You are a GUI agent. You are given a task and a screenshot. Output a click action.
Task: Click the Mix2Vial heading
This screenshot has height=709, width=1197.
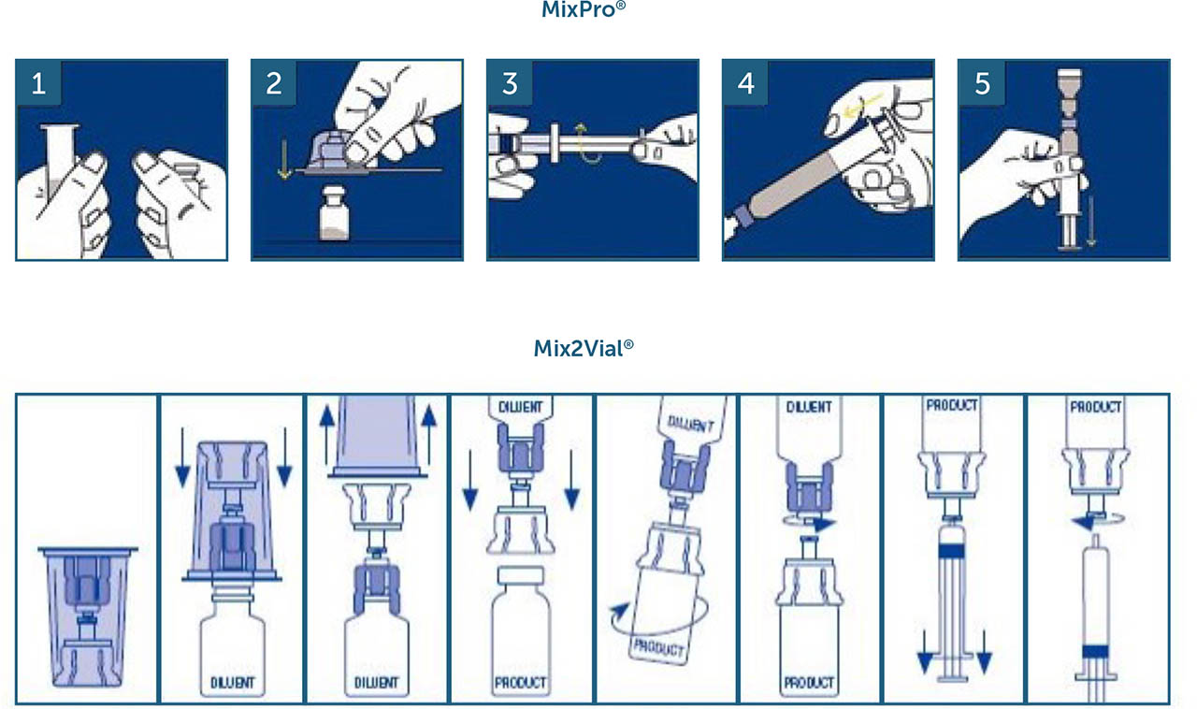(x=584, y=349)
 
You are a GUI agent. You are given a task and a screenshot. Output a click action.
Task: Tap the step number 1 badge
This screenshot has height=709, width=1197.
(x=38, y=83)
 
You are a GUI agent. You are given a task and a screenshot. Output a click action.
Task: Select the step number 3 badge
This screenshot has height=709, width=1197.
(x=510, y=83)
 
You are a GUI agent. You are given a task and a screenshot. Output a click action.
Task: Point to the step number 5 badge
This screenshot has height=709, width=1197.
(x=982, y=83)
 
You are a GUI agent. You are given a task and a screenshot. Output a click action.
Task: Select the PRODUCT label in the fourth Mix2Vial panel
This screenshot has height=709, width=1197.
(x=521, y=683)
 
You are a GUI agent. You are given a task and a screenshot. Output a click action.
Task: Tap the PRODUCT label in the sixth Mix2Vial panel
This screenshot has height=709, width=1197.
(x=810, y=683)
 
